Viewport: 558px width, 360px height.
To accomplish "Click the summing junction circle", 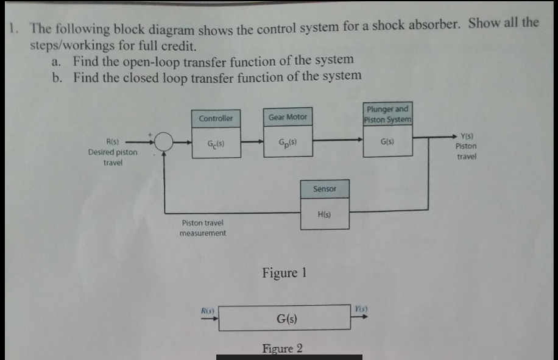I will (x=164, y=142).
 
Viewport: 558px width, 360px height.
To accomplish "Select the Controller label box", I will (x=216, y=118).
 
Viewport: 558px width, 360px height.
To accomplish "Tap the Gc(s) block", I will (x=216, y=144).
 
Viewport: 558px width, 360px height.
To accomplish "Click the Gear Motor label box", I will (x=288, y=116).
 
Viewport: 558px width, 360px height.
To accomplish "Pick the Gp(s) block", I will (x=288, y=143).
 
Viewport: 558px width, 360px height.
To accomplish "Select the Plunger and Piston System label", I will (x=387, y=113).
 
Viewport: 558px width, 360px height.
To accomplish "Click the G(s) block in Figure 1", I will (x=387, y=142).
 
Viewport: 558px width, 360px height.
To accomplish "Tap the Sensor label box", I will (x=324, y=189).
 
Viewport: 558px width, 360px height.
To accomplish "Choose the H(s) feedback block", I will (x=324, y=214).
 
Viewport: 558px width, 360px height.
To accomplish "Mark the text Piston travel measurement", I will (x=202, y=228).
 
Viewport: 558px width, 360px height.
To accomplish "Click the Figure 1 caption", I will (x=284, y=272).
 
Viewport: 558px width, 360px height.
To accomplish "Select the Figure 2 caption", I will (x=282, y=348).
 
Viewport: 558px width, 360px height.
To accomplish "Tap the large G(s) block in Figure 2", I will (x=285, y=318).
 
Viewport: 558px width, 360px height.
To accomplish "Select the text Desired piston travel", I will (x=113, y=157).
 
